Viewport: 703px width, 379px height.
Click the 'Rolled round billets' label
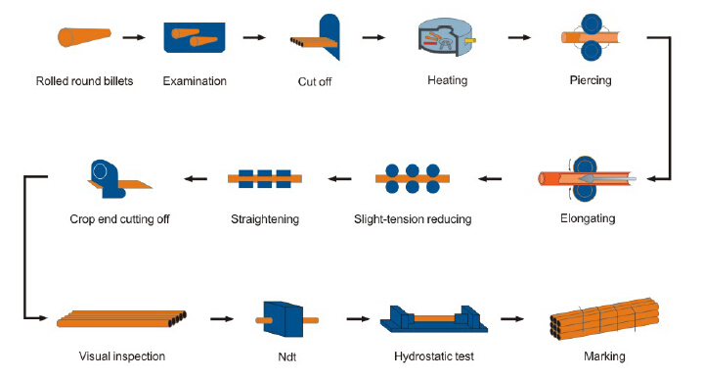point(84,81)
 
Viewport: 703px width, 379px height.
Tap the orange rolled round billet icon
point(84,37)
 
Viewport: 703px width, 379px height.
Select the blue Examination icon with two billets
point(195,38)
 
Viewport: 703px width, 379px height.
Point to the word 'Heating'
point(448,80)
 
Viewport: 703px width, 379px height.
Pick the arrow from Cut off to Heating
point(373,37)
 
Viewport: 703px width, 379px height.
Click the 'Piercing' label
point(591,80)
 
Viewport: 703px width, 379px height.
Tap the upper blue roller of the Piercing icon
point(592,23)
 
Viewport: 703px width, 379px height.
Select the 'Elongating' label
point(588,218)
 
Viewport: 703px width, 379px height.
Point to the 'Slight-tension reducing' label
point(413,219)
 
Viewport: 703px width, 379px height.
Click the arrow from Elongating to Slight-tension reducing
point(490,178)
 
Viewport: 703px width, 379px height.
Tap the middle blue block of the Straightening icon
point(265,178)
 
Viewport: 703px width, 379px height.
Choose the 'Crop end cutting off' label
point(119,219)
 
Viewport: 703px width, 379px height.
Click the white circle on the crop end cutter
point(100,171)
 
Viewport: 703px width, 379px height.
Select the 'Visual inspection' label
point(122,356)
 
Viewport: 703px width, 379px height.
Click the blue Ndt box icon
point(283,319)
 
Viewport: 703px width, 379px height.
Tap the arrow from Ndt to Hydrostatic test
point(358,319)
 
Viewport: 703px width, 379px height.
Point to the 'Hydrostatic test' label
point(434,356)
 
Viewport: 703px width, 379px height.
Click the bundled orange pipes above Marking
point(604,319)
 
